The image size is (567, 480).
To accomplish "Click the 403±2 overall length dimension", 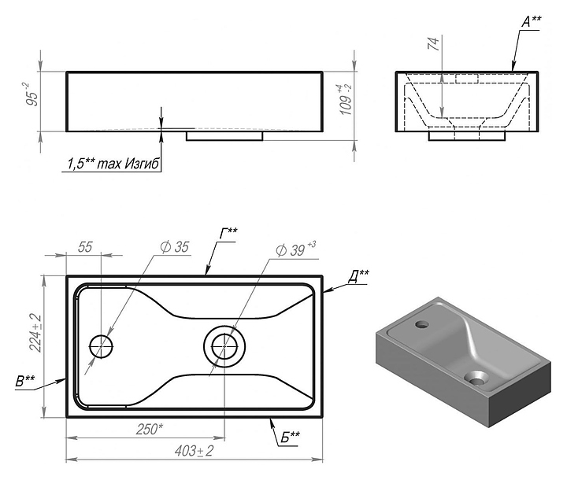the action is point(195,451).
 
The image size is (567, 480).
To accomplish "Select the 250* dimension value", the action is point(150,429).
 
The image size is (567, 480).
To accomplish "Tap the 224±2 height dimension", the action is point(35,333).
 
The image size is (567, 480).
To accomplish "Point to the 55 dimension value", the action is point(85,247).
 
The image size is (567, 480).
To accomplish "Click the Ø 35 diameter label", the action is point(175,247).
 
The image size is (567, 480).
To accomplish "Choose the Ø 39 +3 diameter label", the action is point(295,249).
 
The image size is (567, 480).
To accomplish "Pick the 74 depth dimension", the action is point(433,43).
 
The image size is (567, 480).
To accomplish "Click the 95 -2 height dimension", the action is point(32,94).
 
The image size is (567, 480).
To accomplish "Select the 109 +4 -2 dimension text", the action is point(346,100).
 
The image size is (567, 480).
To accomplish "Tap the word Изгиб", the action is point(142,164).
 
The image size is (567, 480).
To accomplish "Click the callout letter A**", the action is point(532,22).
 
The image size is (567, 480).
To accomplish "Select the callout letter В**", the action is point(25,382).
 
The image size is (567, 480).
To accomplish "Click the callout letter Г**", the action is point(229,234).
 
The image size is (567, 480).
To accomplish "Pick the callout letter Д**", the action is point(358,276).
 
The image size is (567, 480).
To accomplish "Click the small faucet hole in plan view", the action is point(102,346).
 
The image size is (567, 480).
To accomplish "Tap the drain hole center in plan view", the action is point(224,346).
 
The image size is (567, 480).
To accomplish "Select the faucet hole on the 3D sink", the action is point(421,324).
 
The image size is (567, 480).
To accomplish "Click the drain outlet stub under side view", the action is point(224,136).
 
